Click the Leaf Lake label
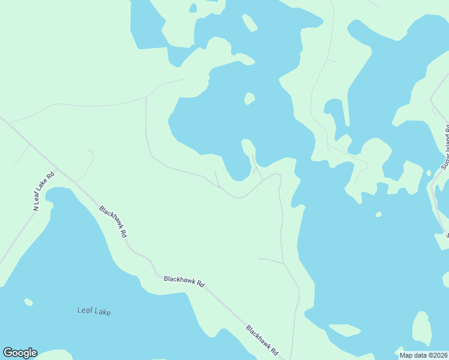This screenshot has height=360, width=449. coord(94,311)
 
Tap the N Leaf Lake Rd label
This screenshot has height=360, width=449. coord(43,191)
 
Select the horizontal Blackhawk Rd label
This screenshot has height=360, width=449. coord(184,280)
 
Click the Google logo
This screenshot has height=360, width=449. coord(20,353)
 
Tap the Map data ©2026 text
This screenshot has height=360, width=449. coord(423,355)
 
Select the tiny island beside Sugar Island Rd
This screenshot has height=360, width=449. coord(429,173)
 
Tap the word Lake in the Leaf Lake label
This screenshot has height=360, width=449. coord(103,311)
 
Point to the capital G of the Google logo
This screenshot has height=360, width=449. coord(8,353)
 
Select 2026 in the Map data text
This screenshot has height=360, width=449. coord(439,355)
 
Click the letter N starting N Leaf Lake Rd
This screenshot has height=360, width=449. coord(36,207)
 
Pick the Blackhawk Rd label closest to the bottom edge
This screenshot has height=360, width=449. coord(262,340)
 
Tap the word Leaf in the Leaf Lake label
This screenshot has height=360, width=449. coord(85,311)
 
